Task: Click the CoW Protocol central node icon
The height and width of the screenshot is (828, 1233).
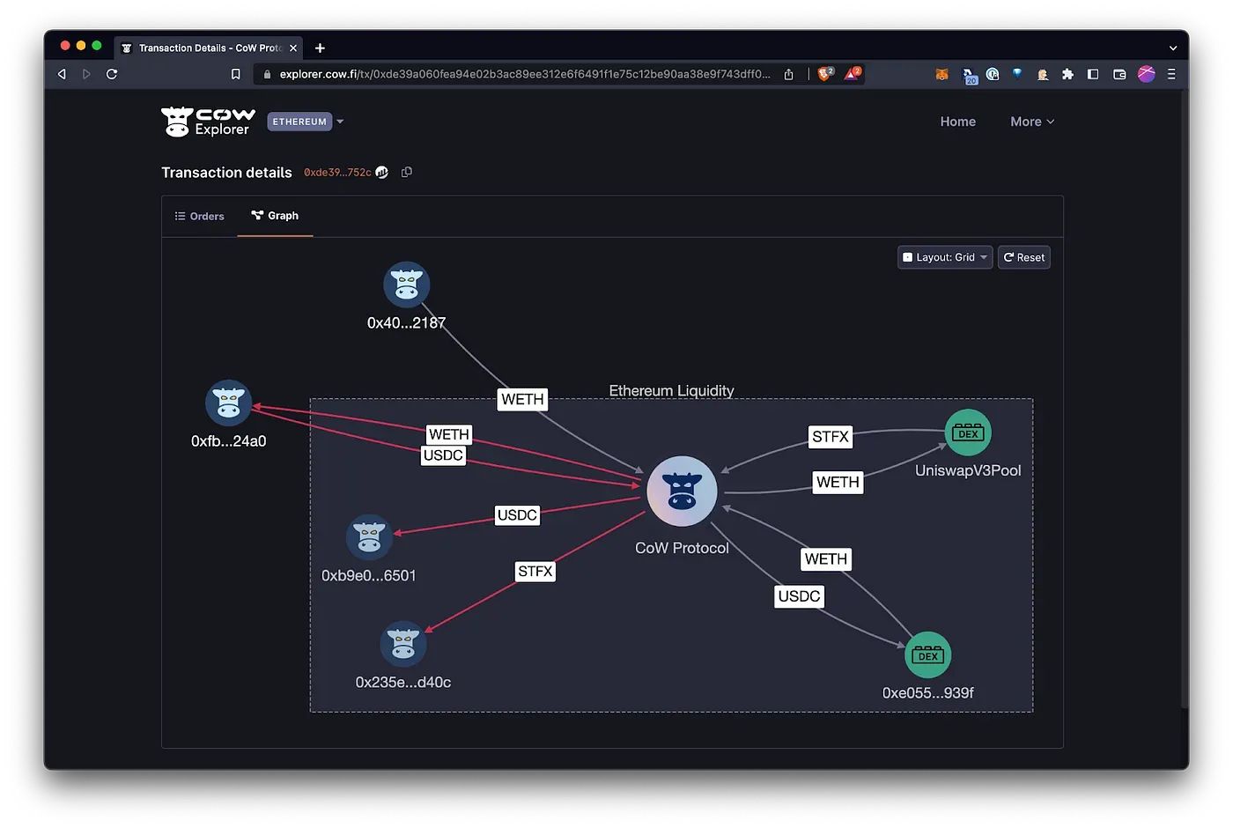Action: (682, 492)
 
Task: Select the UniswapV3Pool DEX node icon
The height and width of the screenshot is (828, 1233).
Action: (968, 432)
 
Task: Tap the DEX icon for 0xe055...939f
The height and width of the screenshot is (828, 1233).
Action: (927, 655)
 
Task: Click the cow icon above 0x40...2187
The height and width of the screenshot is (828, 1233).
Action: (406, 285)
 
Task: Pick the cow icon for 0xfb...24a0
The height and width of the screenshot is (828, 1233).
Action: (228, 403)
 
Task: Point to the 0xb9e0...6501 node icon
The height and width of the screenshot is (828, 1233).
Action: (369, 537)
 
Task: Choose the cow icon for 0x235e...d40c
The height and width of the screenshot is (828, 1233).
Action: (403, 644)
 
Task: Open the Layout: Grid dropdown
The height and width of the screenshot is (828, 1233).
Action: (945, 257)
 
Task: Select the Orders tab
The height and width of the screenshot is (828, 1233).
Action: (200, 216)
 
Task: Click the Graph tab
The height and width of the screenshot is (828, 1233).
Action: (275, 216)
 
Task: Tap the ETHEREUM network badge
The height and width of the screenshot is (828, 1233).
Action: (299, 122)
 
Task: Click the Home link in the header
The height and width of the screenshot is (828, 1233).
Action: (957, 122)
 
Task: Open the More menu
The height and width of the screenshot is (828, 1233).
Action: (1031, 122)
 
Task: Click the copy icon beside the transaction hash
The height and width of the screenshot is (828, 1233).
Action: (407, 172)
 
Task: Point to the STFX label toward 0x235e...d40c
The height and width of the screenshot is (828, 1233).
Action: (535, 572)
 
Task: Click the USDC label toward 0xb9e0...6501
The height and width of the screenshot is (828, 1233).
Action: (517, 515)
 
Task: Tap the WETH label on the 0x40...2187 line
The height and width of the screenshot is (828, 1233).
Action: (522, 399)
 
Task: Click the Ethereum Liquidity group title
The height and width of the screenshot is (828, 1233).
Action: (671, 390)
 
